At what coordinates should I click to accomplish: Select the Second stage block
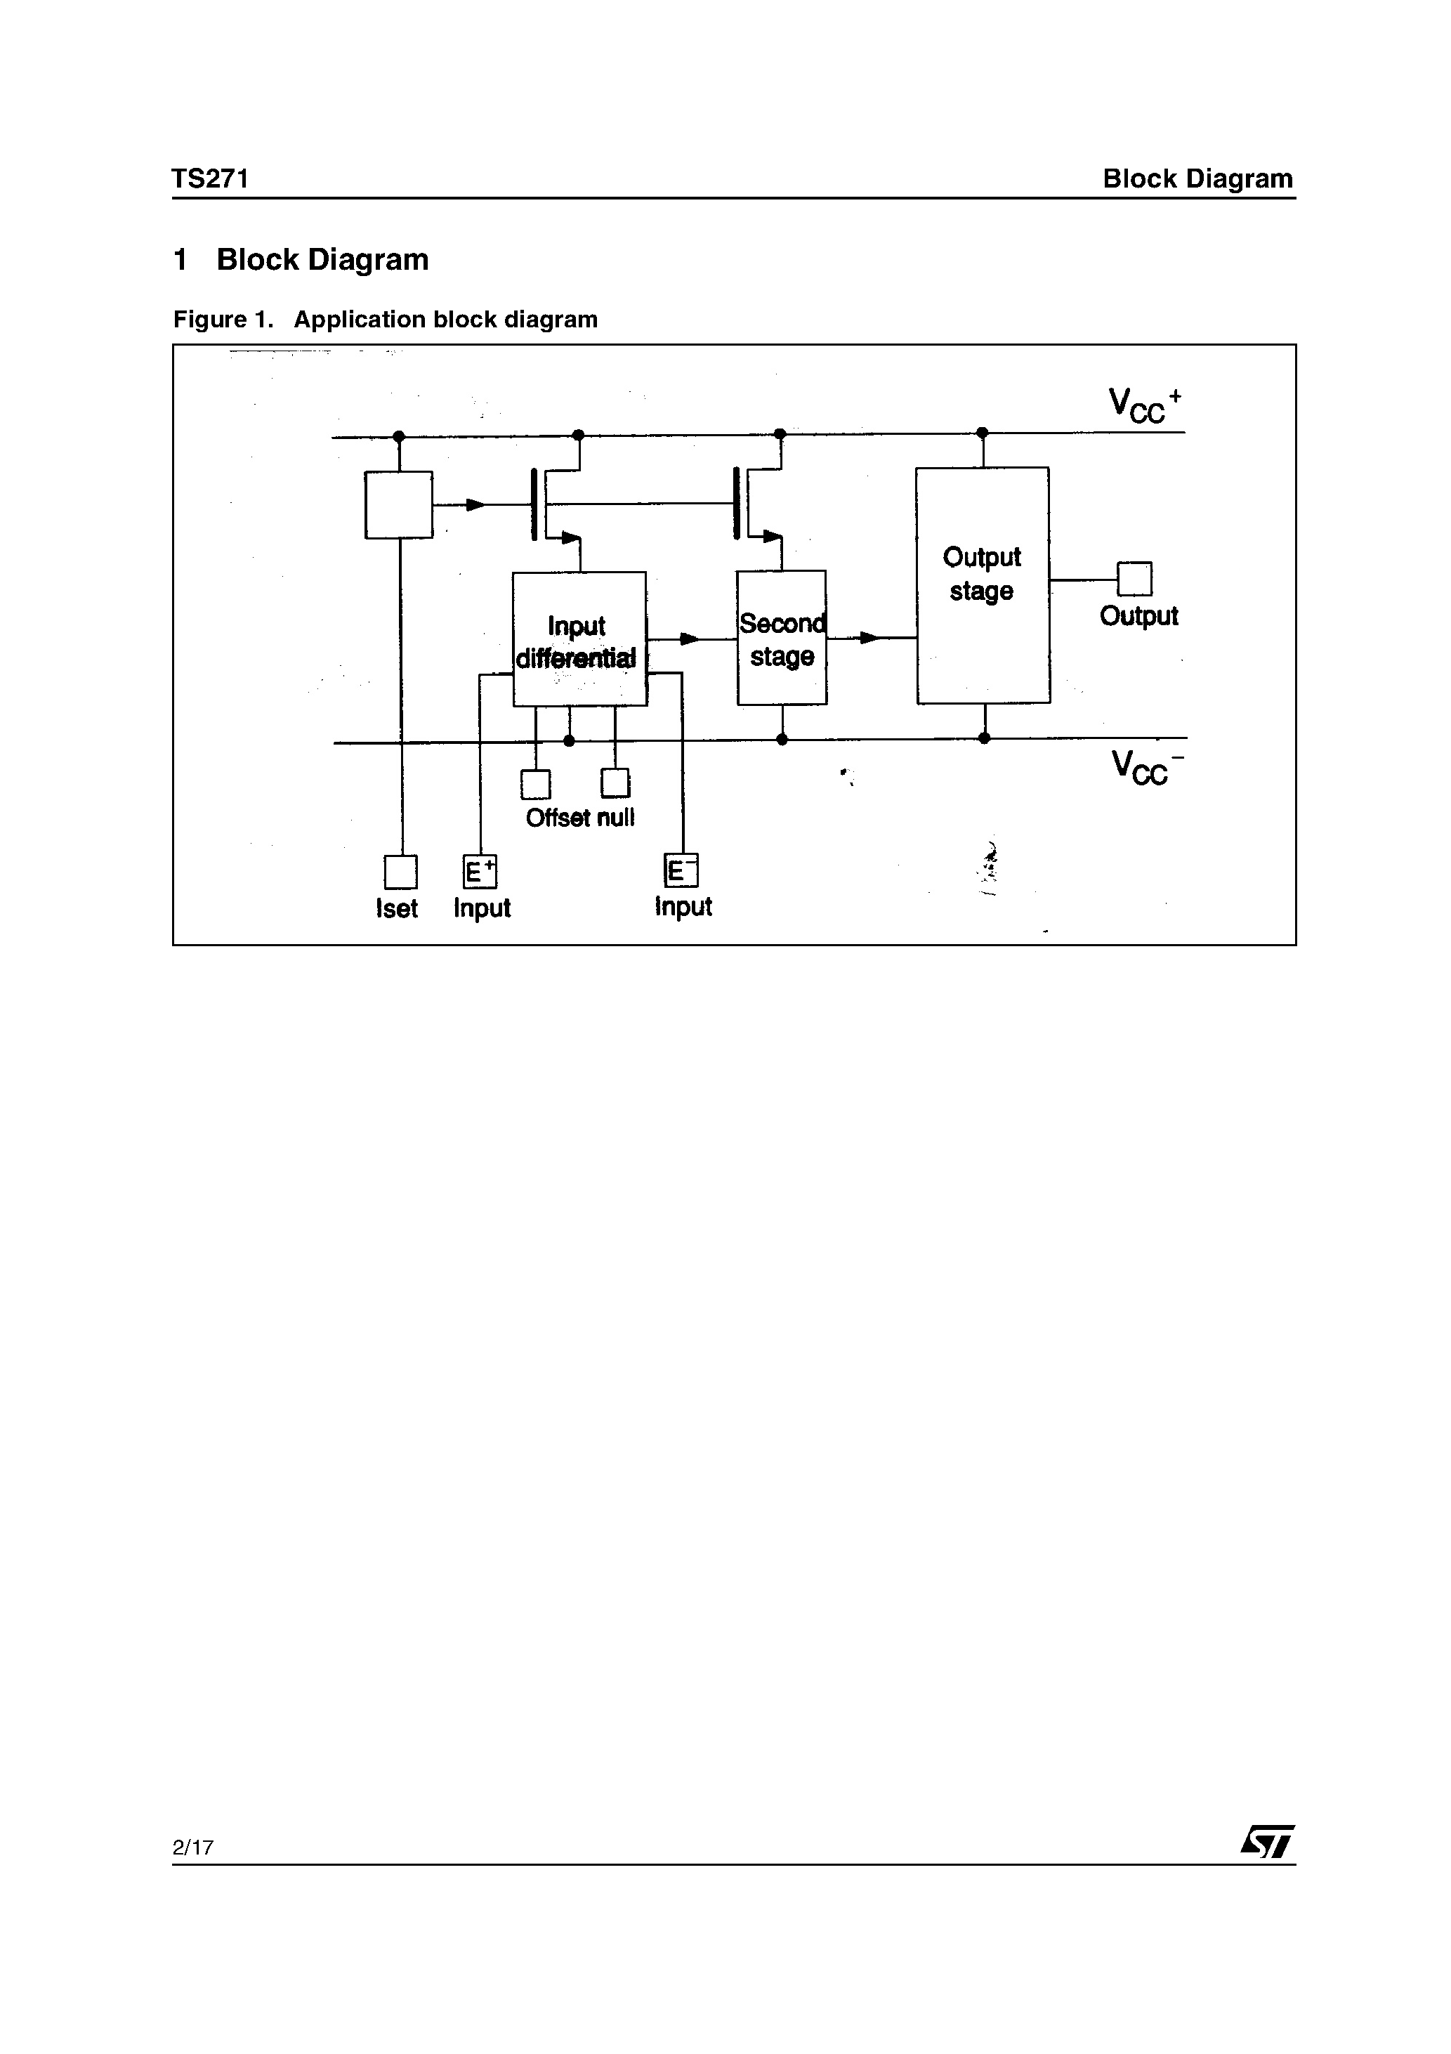coord(781,638)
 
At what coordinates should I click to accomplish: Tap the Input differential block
coord(579,639)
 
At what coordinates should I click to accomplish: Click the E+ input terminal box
coord(480,871)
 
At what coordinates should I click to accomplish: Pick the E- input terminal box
coord(681,870)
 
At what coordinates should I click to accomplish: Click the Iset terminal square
coord(400,871)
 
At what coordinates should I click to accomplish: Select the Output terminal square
coord(1134,579)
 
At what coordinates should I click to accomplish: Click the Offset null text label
coord(579,818)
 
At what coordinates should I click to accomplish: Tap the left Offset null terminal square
coord(535,785)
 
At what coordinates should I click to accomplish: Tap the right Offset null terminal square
coord(615,784)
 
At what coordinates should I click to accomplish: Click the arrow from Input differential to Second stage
coord(689,639)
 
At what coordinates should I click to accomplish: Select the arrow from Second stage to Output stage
coord(868,638)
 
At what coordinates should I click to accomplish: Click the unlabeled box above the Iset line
coord(399,504)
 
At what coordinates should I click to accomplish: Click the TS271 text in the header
coord(210,179)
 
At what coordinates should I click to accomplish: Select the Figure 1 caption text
coord(385,320)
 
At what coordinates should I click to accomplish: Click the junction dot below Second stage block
coord(782,739)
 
